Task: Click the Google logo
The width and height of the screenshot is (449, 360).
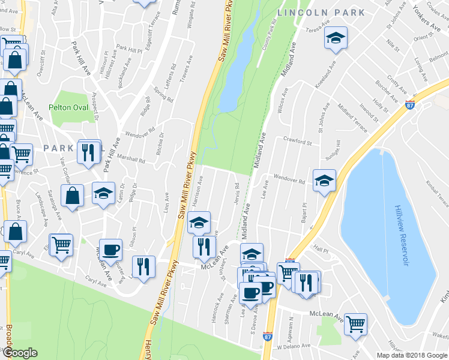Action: (20, 353)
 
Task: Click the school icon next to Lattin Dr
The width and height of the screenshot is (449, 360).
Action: (103, 194)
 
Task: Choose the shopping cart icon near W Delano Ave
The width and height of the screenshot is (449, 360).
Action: (355, 324)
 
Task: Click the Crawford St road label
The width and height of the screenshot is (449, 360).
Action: (297, 142)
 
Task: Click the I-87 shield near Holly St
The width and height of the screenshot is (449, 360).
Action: (410, 104)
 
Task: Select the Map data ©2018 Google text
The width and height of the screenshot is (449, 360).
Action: (411, 355)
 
